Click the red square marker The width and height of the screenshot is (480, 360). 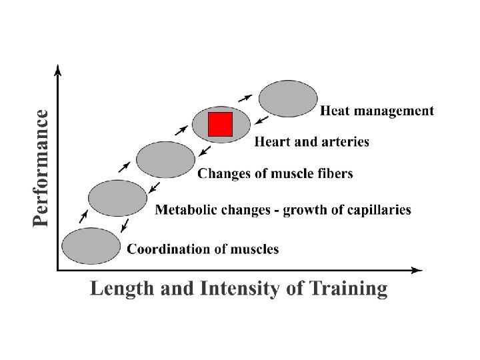pyautogui.click(x=220, y=124)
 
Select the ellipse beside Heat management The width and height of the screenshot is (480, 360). pyautogui.click(x=288, y=99)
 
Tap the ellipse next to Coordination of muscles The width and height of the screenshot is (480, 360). pyautogui.click(x=90, y=246)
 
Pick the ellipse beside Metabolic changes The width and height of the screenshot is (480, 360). pyautogui.click(x=117, y=197)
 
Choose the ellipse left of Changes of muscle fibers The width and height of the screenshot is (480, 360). pyautogui.click(x=165, y=159)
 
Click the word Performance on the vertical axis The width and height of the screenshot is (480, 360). pyautogui.click(x=41, y=168)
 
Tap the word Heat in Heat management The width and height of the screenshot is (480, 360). pyautogui.click(x=335, y=111)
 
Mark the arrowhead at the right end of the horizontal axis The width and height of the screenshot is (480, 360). pyautogui.click(x=418, y=270)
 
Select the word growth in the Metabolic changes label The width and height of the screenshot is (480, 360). pyautogui.click(x=303, y=211)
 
